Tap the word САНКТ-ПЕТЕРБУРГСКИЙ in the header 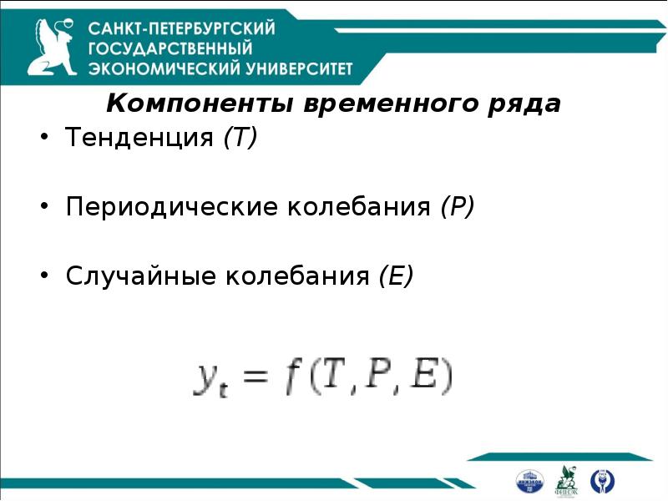pos(182,29)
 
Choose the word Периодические pos(172,206)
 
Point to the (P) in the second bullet pos(458,206)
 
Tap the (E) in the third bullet pos(396,276)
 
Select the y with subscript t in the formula pos(213,381)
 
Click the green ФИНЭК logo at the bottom pos(567,479)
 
